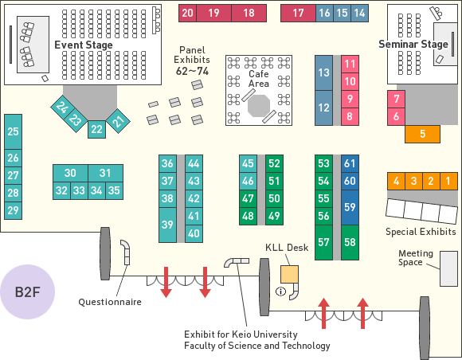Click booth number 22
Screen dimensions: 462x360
click(96, 129)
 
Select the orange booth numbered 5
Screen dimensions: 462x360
click(422, 134)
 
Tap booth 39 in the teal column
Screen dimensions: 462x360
click(167, 225)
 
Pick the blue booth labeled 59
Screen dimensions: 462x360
click(350, 207)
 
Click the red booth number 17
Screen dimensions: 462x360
click(298, 13)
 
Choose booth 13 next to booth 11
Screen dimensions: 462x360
click(323, 72)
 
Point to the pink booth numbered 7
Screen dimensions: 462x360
click(397, 99)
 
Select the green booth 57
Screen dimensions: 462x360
click(323, 242)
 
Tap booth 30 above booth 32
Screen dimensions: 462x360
click(70, 173)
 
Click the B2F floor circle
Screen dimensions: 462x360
click(27, 292)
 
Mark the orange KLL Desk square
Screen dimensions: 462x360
click(289, 274)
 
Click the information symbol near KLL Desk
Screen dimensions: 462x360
click(280, 292)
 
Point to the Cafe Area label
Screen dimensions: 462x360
click(259, 79)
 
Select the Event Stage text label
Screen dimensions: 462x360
click(84, 45)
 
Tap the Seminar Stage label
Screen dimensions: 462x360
click(413, 44)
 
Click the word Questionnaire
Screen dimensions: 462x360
click(110, 302)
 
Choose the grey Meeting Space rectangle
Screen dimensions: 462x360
click(448, 268)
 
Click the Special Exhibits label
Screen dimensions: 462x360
click(421, 232)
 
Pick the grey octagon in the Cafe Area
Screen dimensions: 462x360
click(259, 106)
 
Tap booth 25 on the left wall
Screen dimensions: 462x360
click(13, 131)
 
